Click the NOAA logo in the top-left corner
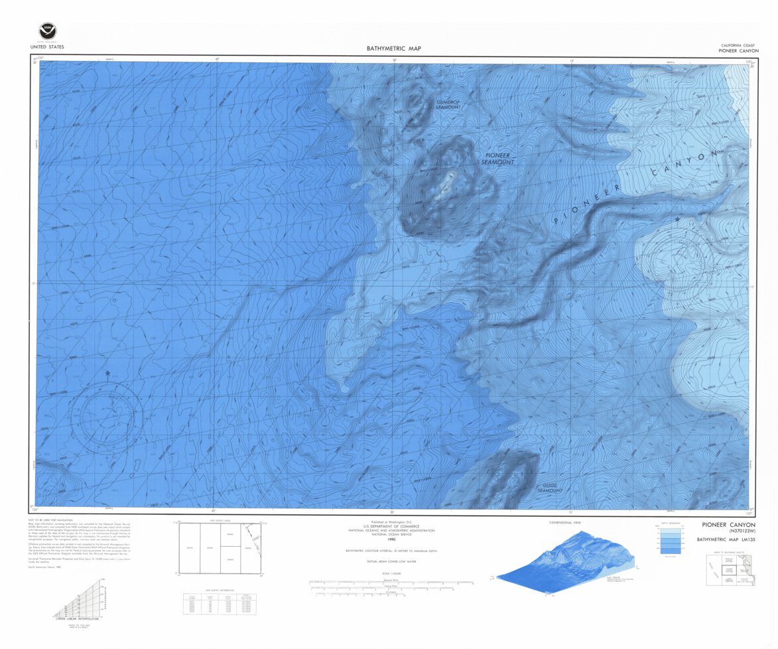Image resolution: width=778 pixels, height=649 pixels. click(46, 31)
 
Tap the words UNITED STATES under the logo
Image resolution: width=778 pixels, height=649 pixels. click(46, 47)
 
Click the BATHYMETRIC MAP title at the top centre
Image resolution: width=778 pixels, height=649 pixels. click(394, 48)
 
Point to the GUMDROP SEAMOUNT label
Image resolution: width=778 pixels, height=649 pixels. click(448, 104)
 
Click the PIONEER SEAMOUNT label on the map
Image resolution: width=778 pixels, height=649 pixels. click(498, 158)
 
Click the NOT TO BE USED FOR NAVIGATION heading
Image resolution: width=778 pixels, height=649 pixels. click(50, 520)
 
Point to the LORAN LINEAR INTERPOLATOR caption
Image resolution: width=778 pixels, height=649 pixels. click(76, 618)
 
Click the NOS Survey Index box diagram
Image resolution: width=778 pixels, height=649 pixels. click(218, 548)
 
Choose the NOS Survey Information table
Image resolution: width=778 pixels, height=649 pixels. click(220, 603)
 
